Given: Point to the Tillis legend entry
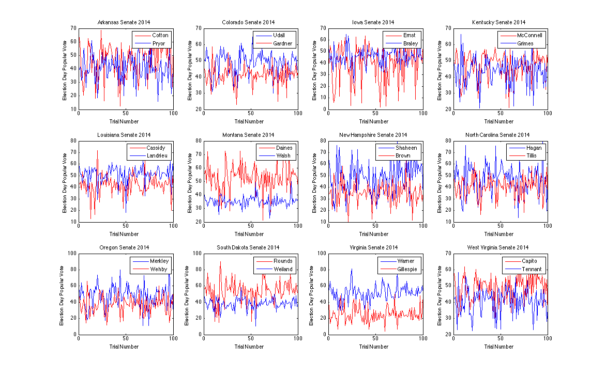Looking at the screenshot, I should coord(526,156).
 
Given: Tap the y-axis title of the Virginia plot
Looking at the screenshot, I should coord(314,293).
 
